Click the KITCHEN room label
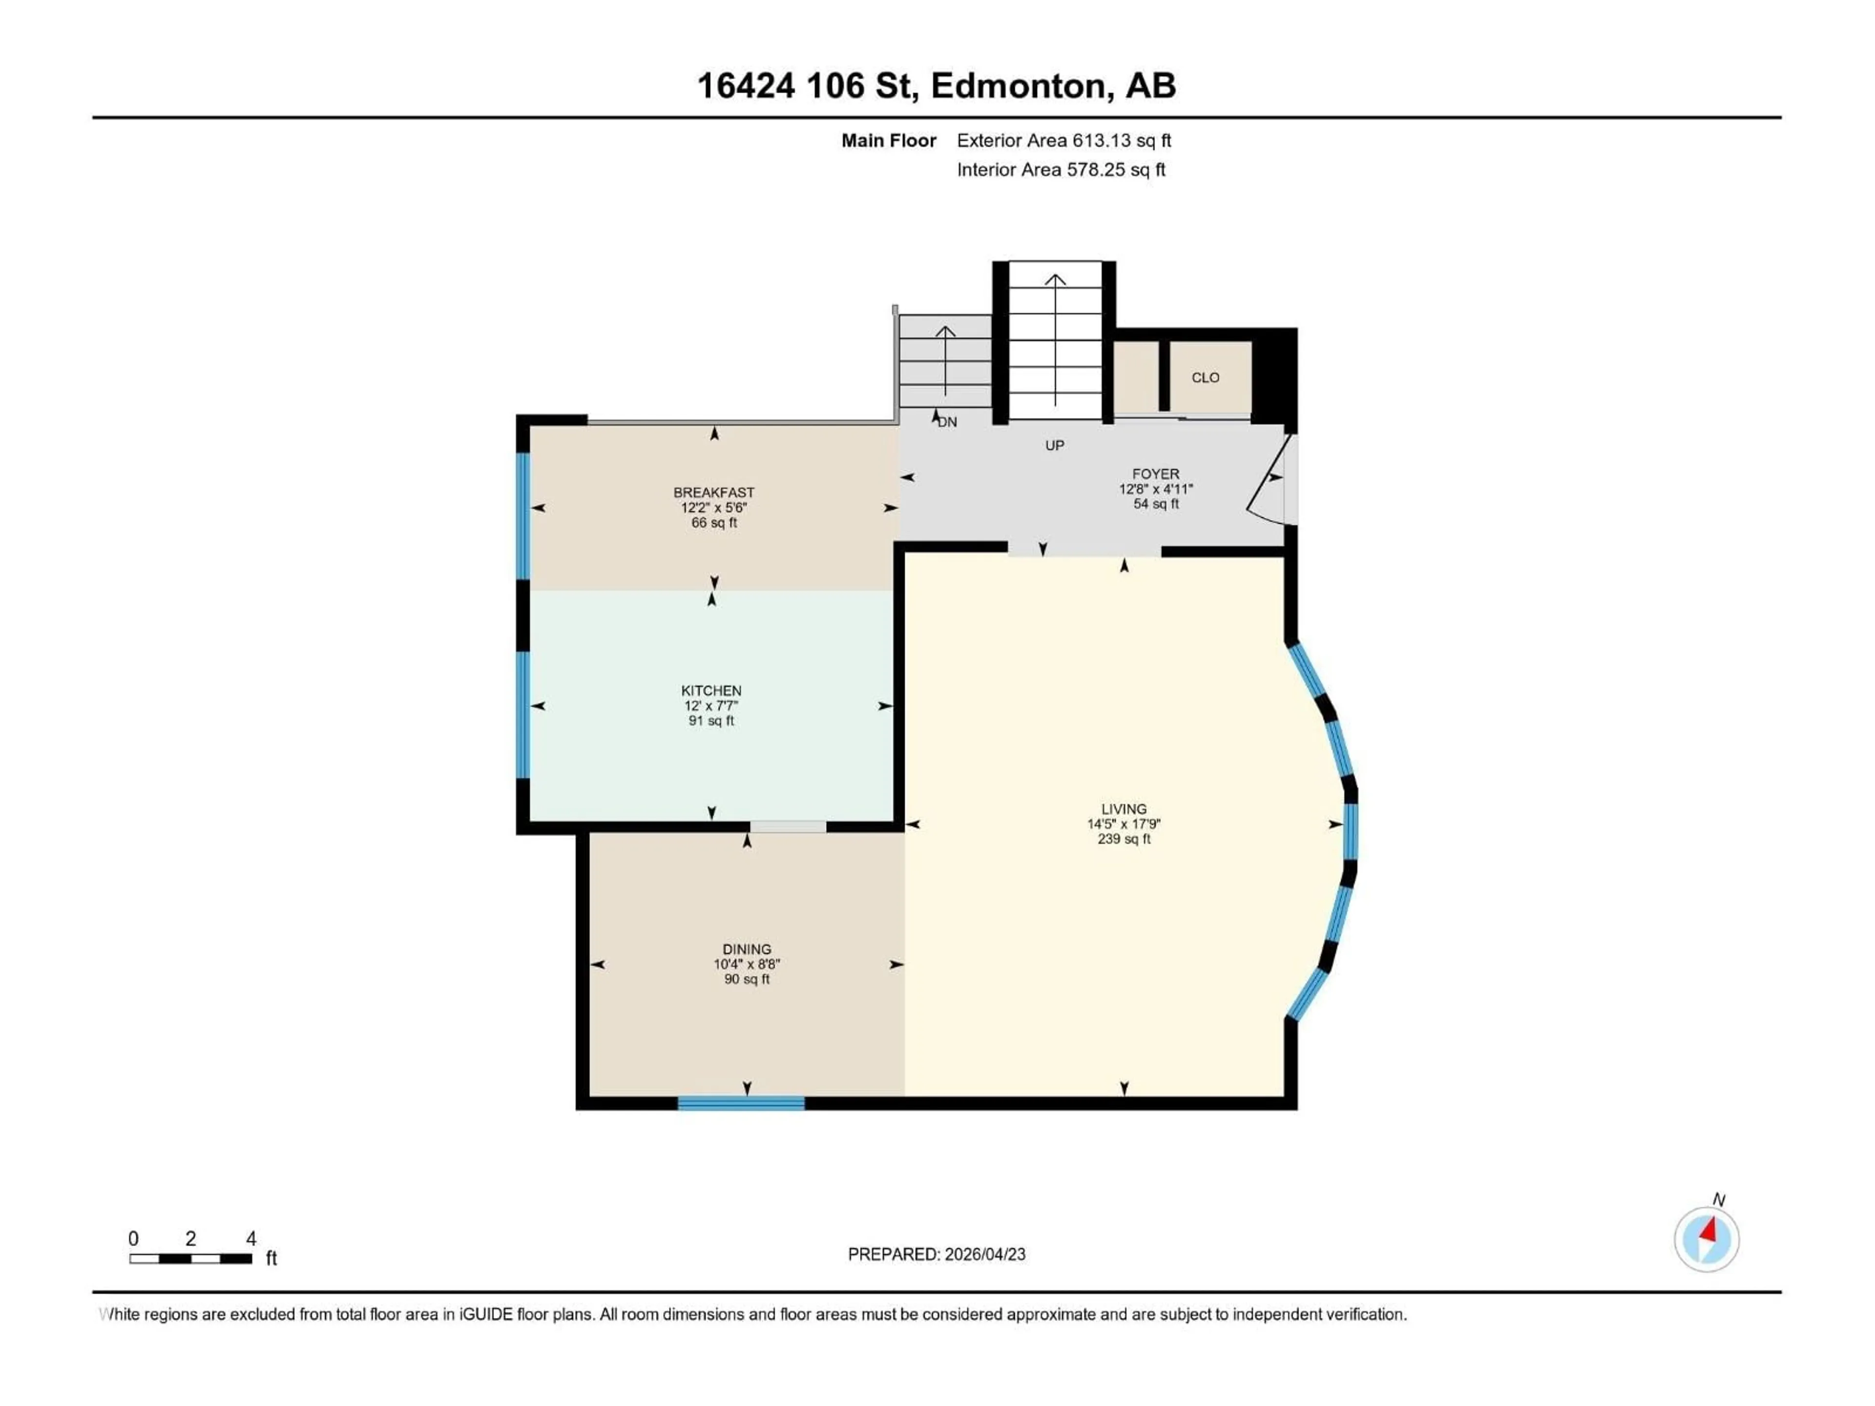click(x=711, y=691)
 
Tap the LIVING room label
click(x=1124, y=809)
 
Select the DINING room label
click(x=747, y=949)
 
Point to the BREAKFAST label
click(x=714, y=493)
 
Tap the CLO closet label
click(x=1206, y=378)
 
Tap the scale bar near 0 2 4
click(x=191, y=1259)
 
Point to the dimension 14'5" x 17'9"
click(x=1124, y=824)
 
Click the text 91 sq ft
click(x=711, y=721)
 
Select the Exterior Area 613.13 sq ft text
click(x=1064, y=141)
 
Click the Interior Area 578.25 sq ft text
click(x=1061, y=169)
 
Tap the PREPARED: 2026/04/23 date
click(x=937, y=1254)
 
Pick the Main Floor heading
click(x=888, y=141)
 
